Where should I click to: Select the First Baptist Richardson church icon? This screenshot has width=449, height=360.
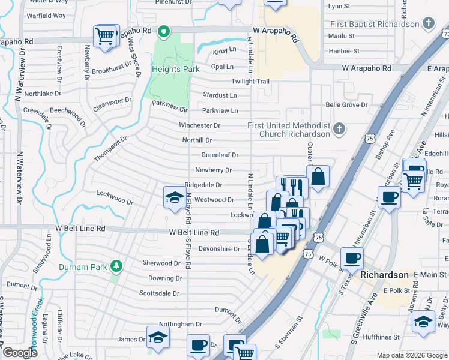click(427, 24)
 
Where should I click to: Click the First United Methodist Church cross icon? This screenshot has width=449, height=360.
click(339, 128)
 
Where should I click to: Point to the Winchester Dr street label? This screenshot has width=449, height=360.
click(199, 125)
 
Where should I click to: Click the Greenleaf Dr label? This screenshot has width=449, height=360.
click(220, 155)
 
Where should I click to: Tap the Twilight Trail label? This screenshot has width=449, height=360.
click(250, 81)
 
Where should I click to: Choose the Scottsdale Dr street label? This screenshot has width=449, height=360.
click(159, 293)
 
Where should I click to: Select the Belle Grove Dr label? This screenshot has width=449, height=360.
click(346, 105)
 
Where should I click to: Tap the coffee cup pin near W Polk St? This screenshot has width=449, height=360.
click(351, 259)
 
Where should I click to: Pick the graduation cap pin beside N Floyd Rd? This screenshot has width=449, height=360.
click(174, 197)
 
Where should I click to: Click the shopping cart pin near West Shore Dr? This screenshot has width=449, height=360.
click(105, 36)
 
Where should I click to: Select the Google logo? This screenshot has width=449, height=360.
click(20, 353)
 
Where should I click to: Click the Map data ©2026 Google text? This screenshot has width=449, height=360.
click(412, 355)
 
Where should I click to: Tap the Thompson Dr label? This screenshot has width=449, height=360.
click(111, 149)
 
